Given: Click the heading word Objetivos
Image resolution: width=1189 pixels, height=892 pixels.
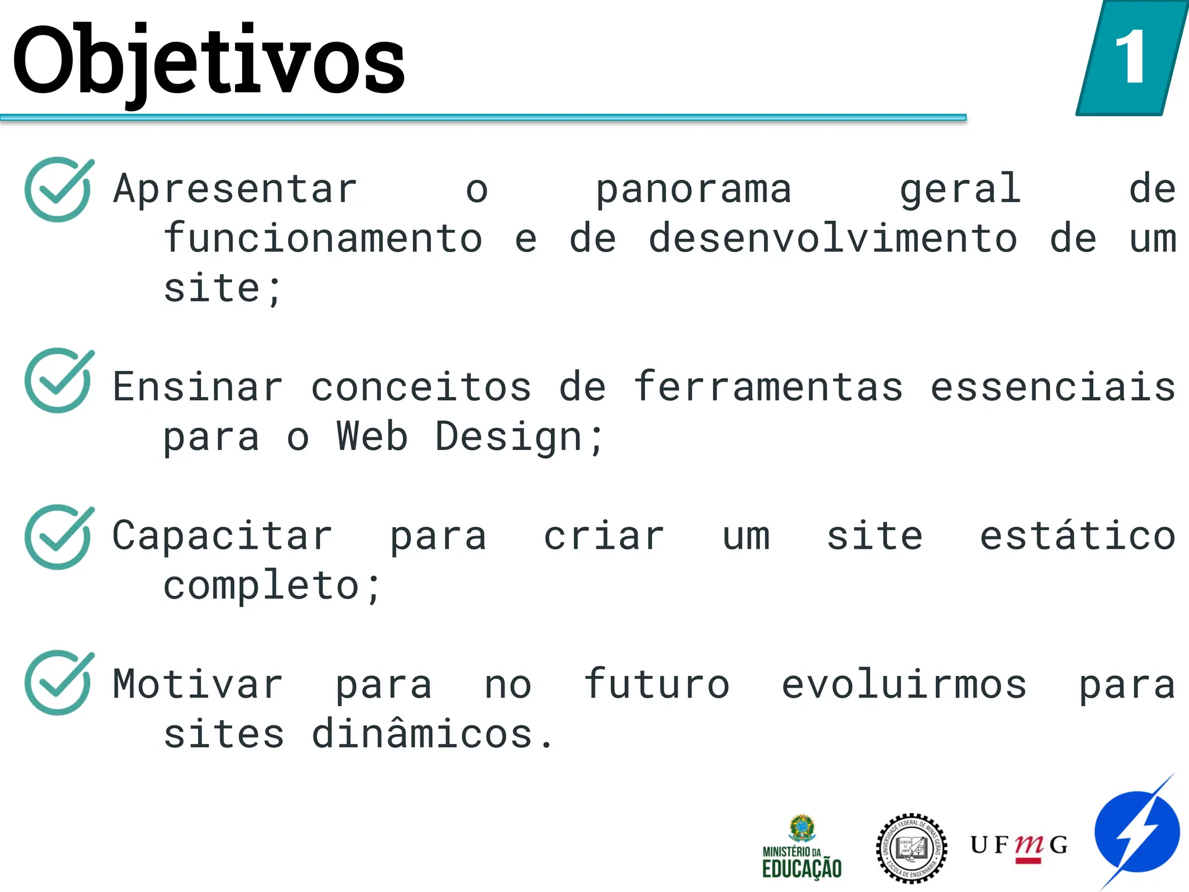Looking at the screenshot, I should click(x=208, y=61).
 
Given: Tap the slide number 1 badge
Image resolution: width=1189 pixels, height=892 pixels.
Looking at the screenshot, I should click(x=1131, y=58).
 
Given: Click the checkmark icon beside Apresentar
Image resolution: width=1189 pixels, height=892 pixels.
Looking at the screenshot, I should click(x=58, y=189).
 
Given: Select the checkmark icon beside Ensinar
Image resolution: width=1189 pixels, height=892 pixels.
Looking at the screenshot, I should click(x=58, y=380).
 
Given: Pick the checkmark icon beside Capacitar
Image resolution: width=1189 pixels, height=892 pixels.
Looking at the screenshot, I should click(x=58, y=537).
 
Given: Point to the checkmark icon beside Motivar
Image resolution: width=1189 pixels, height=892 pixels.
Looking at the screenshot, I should click(x=58, y=682).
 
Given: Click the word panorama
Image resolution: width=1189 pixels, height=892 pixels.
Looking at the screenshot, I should click(x=694, y=189).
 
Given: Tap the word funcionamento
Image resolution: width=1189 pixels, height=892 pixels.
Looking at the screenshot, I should click(x=323, y=239).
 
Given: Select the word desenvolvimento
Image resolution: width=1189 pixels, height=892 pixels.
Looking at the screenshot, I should click(x=833, y=239).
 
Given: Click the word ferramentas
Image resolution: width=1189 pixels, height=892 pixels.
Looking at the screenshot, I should click(x=768, y=387).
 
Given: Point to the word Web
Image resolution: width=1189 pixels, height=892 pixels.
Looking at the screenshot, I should click(x=372, y=436).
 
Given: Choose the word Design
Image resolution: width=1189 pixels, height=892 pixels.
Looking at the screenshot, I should click(x=509, y=437).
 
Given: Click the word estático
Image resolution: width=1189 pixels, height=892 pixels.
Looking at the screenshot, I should click(x=1078, y=535).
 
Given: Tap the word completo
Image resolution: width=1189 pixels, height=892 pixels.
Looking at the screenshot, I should click(x=262, y=585).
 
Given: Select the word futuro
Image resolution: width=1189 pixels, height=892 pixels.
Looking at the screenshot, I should click(x=657, y=684).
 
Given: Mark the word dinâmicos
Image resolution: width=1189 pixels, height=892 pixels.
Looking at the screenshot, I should click(x=422, y=733).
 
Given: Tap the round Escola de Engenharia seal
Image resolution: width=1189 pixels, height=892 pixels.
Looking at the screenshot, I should click(x=911, y=848).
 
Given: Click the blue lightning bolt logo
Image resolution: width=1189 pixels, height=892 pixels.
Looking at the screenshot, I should click(x=1137, y=832).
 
